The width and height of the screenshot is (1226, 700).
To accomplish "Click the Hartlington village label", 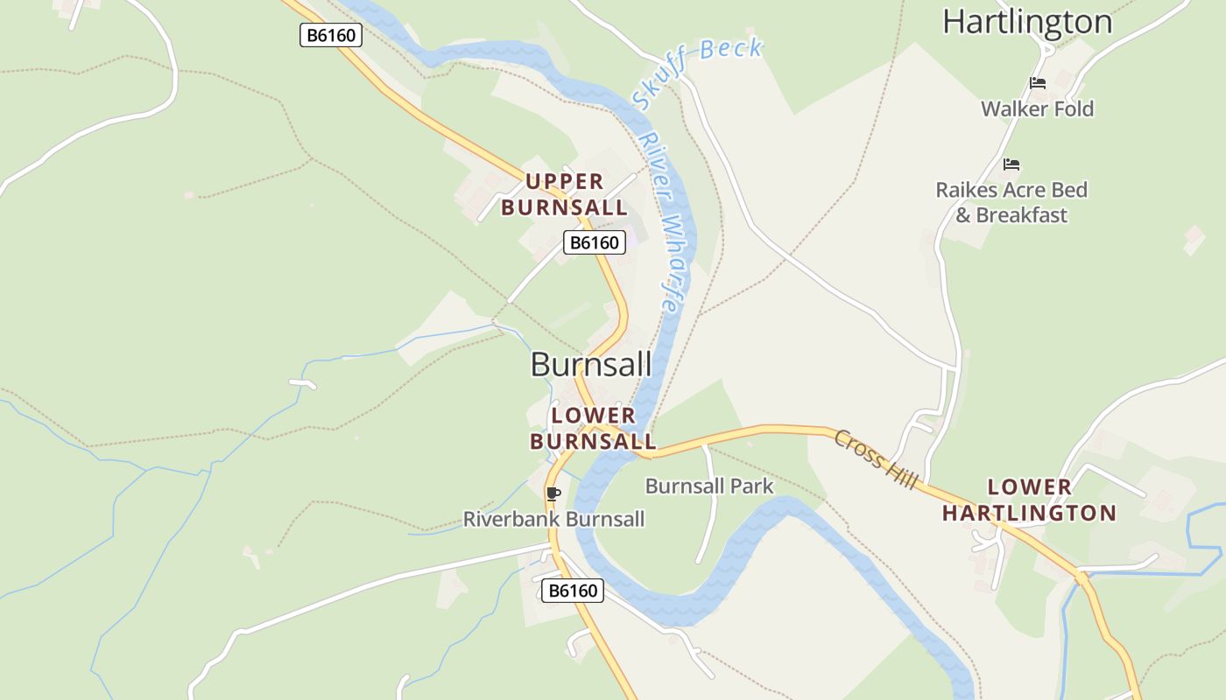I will [x=1027, y=22].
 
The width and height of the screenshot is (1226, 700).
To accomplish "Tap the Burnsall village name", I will [x=591, y=365].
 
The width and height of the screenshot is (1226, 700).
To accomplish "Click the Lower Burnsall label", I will [x=593, y=428].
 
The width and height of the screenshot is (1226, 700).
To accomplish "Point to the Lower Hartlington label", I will [x=1029, y=500].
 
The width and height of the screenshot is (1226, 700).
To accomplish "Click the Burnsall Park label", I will [x=709, y=486].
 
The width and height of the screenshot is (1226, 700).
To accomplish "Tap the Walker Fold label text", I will [x=1037, y=109].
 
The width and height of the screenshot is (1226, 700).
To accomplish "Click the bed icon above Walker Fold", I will [x=1038, y=83].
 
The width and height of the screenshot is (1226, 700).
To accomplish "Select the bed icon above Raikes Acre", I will [x=1011, y=164].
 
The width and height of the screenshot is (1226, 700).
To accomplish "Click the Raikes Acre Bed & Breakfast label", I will [x=1011, y=202].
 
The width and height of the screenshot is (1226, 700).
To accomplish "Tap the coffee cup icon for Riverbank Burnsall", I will [x=553, y=493].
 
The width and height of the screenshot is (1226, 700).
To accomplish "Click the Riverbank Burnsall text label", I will [x=553, y=519].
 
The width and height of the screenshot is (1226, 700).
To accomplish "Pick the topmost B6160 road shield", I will [x=330, y=35].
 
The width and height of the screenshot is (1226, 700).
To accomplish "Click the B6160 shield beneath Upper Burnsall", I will [x=594, y=242].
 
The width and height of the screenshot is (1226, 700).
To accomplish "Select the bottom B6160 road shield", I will [x=573, y=591].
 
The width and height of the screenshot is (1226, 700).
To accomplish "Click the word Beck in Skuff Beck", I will [x=731, y=51].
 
